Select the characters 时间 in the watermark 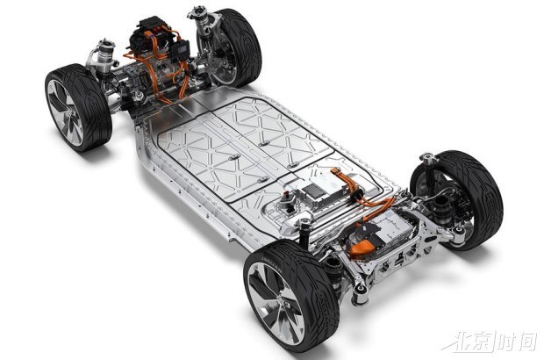[x=517, y=340]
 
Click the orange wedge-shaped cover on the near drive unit [x=361, y=248]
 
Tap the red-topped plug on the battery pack [x=286, y=196]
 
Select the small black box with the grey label [x=181, y=49]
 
